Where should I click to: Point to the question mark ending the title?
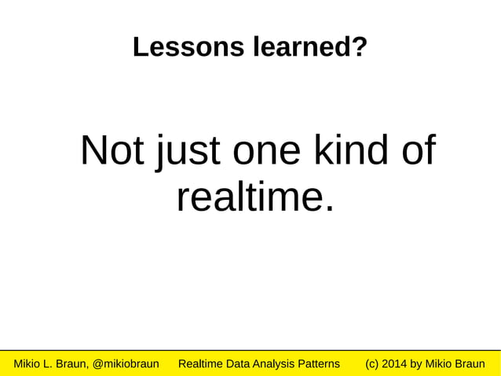click(x=360, y=48)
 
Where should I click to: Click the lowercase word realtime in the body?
click(x=245, y=197)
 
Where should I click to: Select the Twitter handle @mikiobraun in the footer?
click(x=126, y=364)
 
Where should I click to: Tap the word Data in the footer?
click(x=243, y=364)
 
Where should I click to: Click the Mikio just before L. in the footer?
click(x=27, y=364)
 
